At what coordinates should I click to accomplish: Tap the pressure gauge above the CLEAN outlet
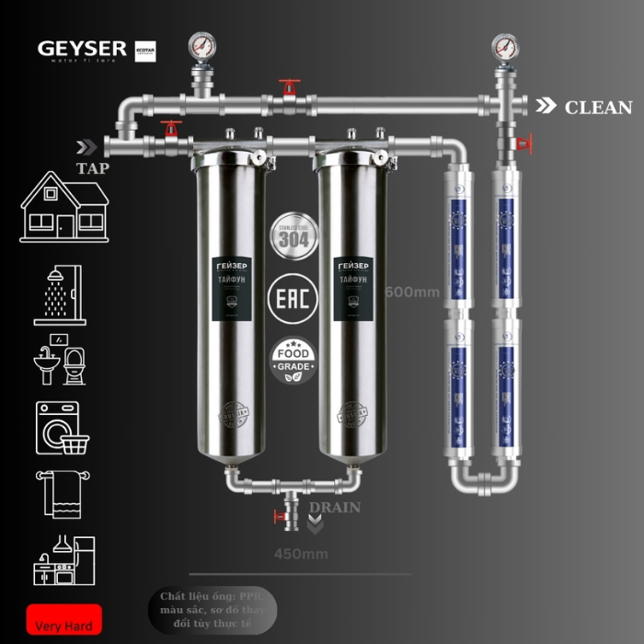pyautogui.click(x=503, y=44)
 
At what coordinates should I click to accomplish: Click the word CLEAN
pyautogui.click(x=598, y=108)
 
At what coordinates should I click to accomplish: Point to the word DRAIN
pyautogui.click(x=334, y=508)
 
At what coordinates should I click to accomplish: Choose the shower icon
pyautogui.click(x=60, y=294)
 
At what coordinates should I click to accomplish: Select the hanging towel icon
pyautogui.click(x=60, y=492)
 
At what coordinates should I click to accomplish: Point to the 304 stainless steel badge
pyautogui.click(x=293, y=235)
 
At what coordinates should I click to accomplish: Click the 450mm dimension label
pyautogui.click(x=301, y=554)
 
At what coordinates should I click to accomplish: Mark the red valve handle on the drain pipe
pyautogui.click(x=279, y=517)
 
